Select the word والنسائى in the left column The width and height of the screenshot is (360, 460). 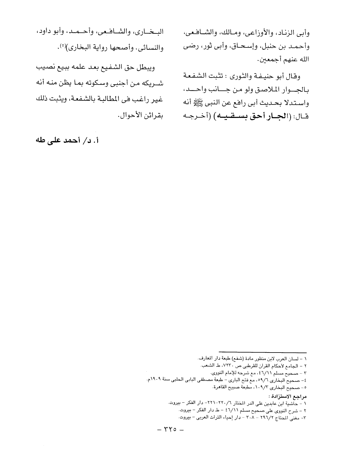[151, 48]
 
